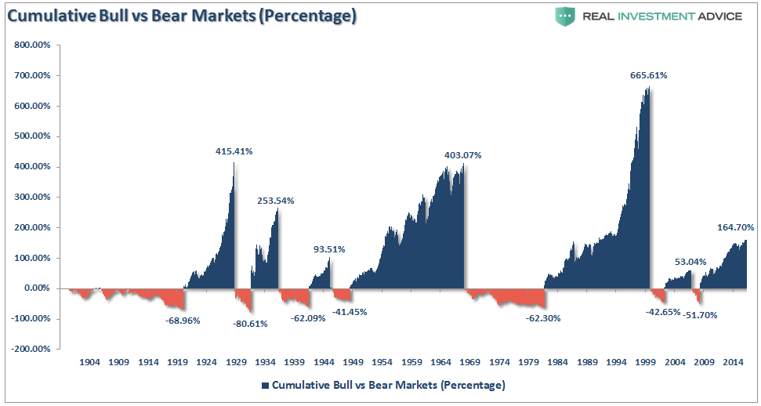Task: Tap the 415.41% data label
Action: (x=234, y=151)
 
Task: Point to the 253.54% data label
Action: (x=276, y=201)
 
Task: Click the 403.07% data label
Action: (x=463, y=155)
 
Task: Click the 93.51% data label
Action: (x=329, y=249)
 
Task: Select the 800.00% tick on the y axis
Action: (x=33, y=45)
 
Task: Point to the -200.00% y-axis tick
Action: (x=31, y=350)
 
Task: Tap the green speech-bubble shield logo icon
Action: (x=565, y=16)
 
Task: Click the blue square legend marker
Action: (x=265, y=386)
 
